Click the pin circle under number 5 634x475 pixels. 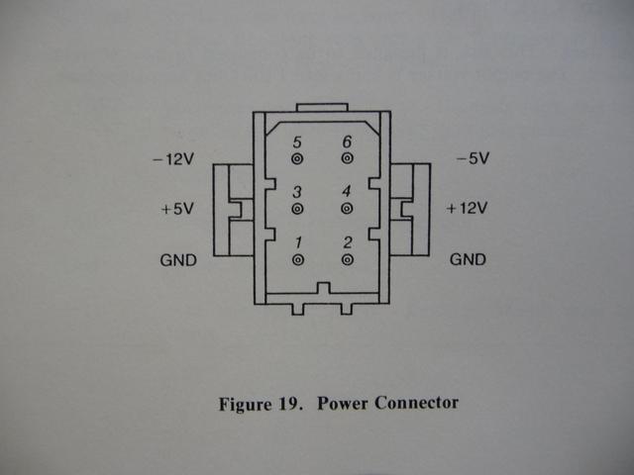tap(297, 158)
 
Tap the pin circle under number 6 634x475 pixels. tap(347, 158)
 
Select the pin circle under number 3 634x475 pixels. tap(297, 209)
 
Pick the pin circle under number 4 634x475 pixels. tap(347, 209)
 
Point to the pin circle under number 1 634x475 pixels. tap(298, 259)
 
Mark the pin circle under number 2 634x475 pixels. tap(348, 259)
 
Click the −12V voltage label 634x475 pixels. tap(173, 159)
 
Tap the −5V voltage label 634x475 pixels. tap(473, 158)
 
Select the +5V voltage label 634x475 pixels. tap(177, 209)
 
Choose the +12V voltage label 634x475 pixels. tap(467, 208)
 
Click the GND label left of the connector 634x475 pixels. tap(178, 260)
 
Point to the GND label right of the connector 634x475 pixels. tap(468, 259)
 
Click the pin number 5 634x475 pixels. tap(297, 142)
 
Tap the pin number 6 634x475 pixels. tap(347, 142)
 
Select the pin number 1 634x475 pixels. tap(298, 242)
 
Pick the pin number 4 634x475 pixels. tap(347, 191)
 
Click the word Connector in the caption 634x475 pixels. tap(416, 403)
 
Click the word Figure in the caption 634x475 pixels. tap(245, 404)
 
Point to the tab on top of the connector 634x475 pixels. tap(322, 107)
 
